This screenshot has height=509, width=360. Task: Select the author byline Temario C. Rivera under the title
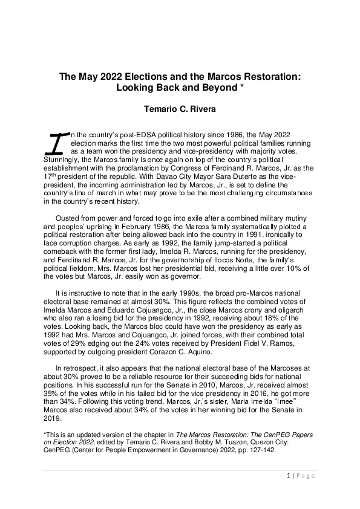[x=180, y=110]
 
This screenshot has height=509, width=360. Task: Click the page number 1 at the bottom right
[x=287, y=476]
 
